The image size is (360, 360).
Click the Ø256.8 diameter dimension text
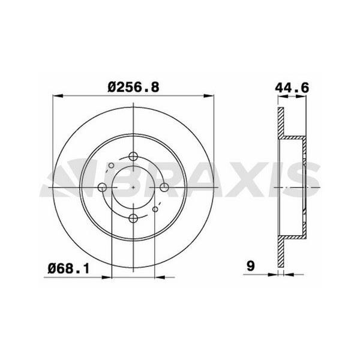point(133,87)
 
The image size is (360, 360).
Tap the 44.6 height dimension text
point(292,88)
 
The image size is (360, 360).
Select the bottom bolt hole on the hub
point(133,217)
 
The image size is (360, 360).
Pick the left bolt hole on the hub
point(103,188)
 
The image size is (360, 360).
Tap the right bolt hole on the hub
point(163,188)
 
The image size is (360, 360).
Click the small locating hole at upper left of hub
point(111,166)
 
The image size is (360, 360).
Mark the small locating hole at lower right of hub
point(155,209)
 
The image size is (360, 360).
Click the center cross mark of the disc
point(133,188)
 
